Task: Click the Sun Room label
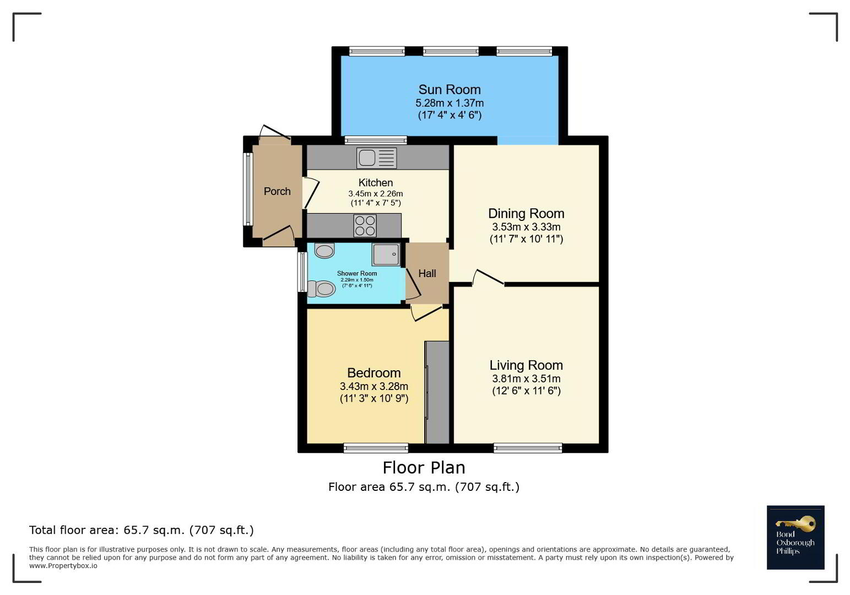450,90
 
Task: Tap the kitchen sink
376,158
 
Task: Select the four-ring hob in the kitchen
365,226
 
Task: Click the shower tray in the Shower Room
386,254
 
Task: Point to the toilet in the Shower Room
321,289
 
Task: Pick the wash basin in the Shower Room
324,251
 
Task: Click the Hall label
427,273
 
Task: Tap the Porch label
277,191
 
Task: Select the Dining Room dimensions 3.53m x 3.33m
526,227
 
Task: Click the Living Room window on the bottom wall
527,448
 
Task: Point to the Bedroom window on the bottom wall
376,448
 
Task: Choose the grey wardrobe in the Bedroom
437,392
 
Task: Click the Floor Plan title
424,468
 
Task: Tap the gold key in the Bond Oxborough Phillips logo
795,524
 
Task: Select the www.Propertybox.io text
63,566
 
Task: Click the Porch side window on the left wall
248,189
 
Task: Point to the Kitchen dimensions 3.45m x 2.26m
376,193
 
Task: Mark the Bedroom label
374,373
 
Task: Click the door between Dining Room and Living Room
489,277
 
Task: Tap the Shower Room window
302,272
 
